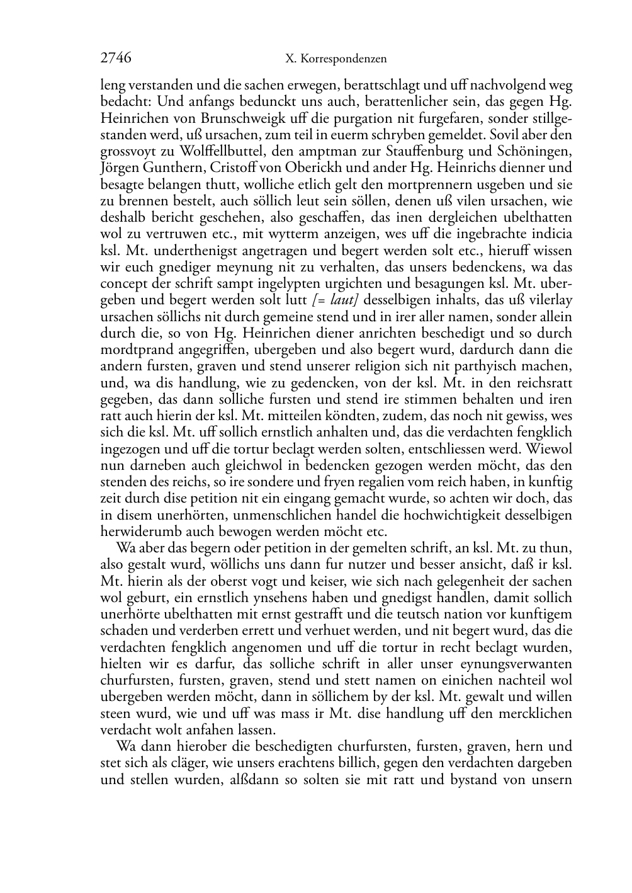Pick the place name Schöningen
[540, 151]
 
